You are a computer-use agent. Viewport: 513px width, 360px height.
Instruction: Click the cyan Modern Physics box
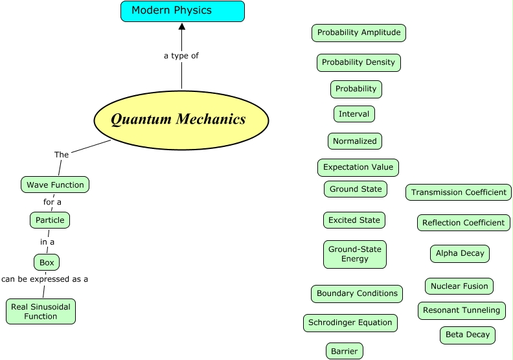pos(182,11)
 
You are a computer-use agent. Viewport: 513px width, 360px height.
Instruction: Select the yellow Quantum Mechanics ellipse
pos(181,120)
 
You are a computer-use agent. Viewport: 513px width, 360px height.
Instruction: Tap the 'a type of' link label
pos(181,56)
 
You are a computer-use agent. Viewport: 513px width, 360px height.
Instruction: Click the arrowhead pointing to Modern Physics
pos(182,27)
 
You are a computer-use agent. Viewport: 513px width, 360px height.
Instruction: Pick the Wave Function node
pos(55,185)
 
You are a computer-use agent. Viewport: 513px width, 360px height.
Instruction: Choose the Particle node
pos(50,220)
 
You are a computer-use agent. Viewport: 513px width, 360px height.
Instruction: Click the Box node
pos(47,262)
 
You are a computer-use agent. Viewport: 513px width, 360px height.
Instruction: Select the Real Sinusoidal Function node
pos(41,311)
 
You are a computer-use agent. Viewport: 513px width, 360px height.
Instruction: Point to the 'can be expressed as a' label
pos(45,279)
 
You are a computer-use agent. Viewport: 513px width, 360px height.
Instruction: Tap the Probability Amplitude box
pos(359,32)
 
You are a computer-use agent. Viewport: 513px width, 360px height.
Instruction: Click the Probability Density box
pos(358,62)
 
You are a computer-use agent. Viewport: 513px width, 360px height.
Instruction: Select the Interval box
pos(354,114)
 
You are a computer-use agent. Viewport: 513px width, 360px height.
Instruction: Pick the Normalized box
pos(355,141)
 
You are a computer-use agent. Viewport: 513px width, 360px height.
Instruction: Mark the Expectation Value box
pos(358,167)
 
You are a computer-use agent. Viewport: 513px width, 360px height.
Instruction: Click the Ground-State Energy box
pos(355,254)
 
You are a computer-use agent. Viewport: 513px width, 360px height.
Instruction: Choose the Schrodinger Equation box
pos(350,322)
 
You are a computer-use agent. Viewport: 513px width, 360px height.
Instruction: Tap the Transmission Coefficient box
pos(459,192)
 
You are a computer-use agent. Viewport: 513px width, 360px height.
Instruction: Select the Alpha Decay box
pos(460,253)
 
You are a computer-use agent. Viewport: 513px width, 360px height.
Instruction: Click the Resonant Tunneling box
pos(461,310)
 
